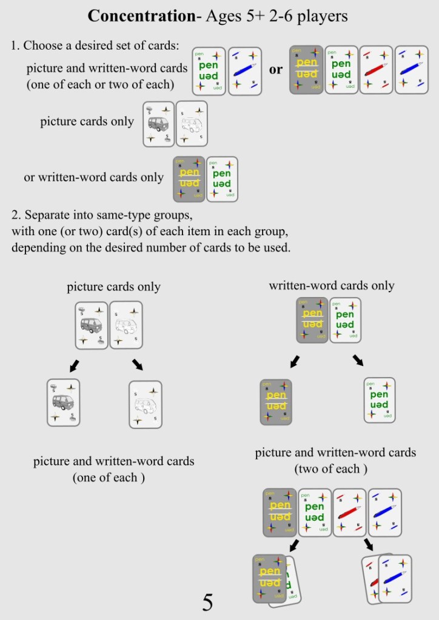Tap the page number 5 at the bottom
(x=207, y=602)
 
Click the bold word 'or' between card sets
(x=276, y=69)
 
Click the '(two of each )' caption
(x=331, y=468)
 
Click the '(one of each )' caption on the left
(x=109, y=477)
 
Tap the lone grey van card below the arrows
(x=64, y=403)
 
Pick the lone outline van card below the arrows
(x=146, y=404)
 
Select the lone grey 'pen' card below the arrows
(x=276, y=401)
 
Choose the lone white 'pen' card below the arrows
(x=380, y=400)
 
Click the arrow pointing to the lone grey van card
(x=74, y=365)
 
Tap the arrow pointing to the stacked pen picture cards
(x=368, y=544)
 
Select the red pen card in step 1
(x=376, y=70)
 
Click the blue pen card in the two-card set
(x=245, y=70)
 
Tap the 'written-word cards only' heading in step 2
(x=332, y=285)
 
